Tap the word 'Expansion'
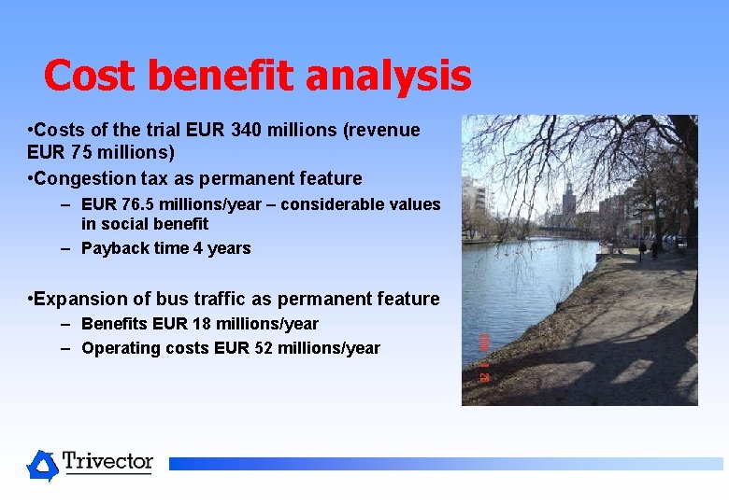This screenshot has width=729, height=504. pyautogui.click(x=86, y=299)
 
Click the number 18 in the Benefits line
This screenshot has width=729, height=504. pyautogui.click(x=189, y=324)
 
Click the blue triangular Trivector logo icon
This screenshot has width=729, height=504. pyautogui.click(x=42, y=465)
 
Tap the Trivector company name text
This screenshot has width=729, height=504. pyautogui.click(x=107, y=461)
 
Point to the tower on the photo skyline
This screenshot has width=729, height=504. pyautogui.click(x=567, y=198)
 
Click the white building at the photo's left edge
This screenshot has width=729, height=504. pyautogui.click(x=471, y=201)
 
